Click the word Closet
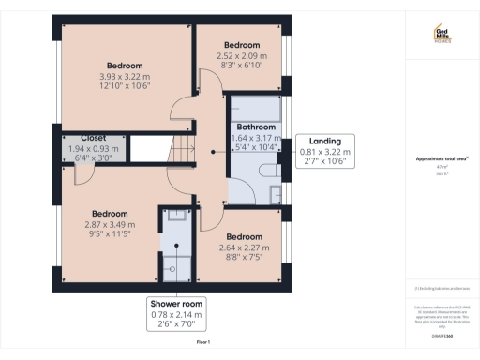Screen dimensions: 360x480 point(93,139)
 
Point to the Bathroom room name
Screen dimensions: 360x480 point(255,127)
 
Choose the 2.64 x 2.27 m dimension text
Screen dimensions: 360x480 point(243,247)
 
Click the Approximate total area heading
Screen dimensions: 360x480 point(442,158)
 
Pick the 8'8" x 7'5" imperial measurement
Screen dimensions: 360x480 point(243,257)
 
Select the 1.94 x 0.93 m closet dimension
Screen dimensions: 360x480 point(93,149)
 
